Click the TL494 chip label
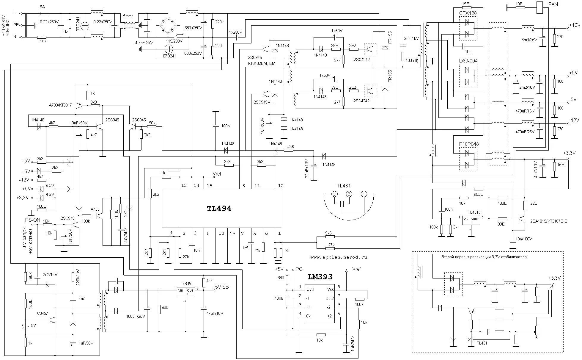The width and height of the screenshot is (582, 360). point(219,209)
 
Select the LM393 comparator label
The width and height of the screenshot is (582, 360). point(320,277)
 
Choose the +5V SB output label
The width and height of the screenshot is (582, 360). point(221,287)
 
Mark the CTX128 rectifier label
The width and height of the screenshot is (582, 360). point(468,13)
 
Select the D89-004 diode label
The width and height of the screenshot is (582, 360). point(468,61)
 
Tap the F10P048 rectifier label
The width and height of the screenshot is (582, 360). point(469,144)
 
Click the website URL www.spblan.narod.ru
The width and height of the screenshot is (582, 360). point(339,257)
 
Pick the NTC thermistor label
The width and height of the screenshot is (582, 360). point(43,41)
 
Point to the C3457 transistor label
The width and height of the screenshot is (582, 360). point(43,314)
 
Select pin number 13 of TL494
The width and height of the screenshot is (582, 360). point(184,186)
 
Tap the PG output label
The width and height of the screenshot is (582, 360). point(299,269)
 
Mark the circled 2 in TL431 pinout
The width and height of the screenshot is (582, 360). point(349,194)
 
